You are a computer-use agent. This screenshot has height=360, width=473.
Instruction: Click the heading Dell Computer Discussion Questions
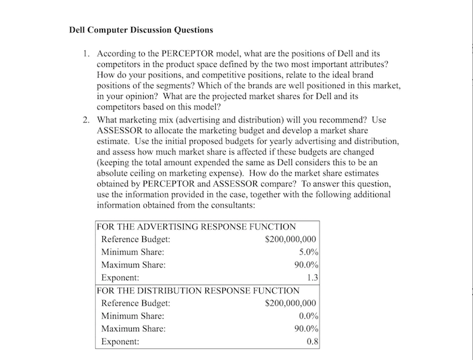(x=140, y=30)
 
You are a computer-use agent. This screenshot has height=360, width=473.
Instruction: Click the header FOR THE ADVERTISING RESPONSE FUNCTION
(x=196, y=227)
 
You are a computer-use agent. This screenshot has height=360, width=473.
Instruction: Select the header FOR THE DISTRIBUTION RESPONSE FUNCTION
(x=197, y=290)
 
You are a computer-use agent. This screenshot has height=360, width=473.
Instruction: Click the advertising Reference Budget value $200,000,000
(x=290, y=239)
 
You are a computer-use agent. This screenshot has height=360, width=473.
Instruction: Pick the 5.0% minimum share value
(x=308, y=252)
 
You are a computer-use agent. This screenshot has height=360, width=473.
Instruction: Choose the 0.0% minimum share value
(x=308, y=316)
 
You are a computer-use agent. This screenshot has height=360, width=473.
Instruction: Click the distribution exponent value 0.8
(x=312, y=342)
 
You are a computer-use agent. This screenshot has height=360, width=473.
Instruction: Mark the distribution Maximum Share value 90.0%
(x=306, y=329)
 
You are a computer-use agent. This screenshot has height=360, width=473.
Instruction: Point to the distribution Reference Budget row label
(x=136, y=303)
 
